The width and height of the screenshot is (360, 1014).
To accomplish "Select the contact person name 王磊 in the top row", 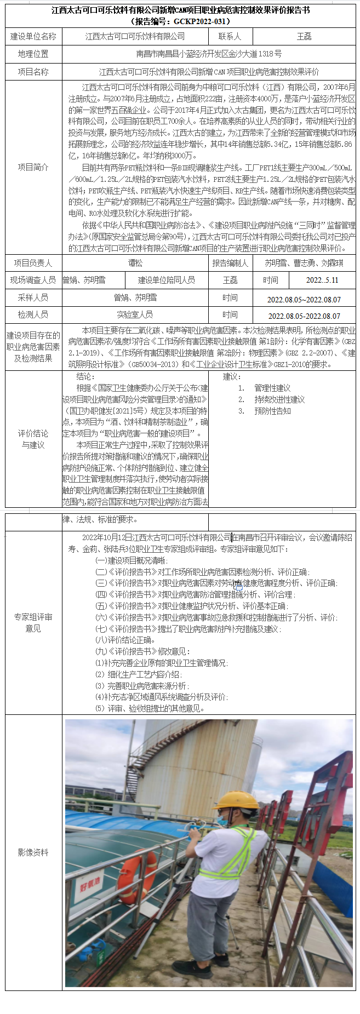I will [x=304, y=36].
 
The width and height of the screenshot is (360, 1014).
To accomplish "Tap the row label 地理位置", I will [x=33, y=54].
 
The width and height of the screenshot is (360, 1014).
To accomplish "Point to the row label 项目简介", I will [x=33, y=167].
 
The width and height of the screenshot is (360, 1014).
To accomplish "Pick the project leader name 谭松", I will [x=135, y=263].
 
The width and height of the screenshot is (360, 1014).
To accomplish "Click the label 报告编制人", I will [x=230, y=263].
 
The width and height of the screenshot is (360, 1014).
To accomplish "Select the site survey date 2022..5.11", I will [x=322, y=280].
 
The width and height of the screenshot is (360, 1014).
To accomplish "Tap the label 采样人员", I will [x=33, y=297].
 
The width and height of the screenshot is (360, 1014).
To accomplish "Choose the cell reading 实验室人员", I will [x=135, y=314].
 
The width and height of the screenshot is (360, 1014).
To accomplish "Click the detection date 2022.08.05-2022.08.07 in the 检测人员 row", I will [x=304, y=316].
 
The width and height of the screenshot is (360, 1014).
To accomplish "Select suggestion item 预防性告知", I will [x=272, y=411].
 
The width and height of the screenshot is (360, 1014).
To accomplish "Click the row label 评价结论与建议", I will [x=33, y=439].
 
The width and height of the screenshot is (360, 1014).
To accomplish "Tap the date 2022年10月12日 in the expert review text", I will [x=106, y=537].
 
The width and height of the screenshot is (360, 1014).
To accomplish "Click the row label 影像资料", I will [x=33, y=852].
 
